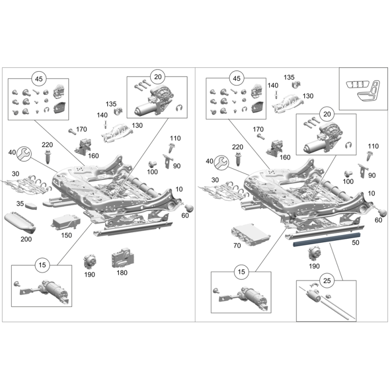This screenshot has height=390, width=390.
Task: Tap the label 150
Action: click(66, 235)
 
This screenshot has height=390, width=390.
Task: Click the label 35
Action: click(20, 203)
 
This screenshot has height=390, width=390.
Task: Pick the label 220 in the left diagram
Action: click(47, 145)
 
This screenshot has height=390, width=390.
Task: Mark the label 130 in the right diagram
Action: click(308, 96)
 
